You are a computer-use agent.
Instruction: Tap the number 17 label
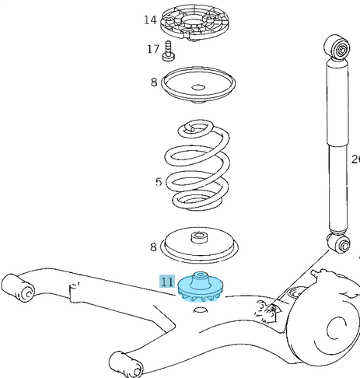pyautogui.click(x=153, y=50)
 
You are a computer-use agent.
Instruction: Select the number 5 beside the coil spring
pyautogui.click(x=159, y=183)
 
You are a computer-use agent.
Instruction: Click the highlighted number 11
pyautogui.click(x=167, y=282)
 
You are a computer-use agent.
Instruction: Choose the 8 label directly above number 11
pyautogui.click(x=154, y=247)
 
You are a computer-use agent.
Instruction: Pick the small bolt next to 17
pyautogui.click(x=168, y=52)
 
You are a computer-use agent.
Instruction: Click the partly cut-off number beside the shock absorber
pyautogui.click(x=355, y=159)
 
